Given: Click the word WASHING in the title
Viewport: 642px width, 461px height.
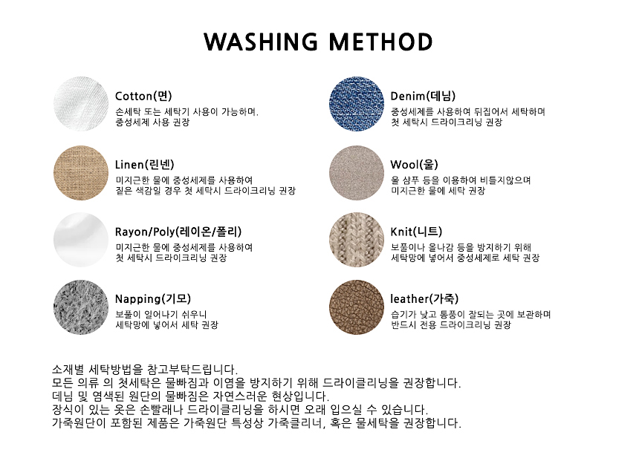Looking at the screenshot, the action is (x=261, y=42).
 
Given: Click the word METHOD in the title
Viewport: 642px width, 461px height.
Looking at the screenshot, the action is (x=380, y=42).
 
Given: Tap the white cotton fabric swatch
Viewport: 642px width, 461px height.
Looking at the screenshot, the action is (x=81, y=104).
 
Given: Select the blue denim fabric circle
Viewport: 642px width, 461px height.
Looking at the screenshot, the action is (x=357, y=104).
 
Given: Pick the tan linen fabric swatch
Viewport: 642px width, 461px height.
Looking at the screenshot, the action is (x=81, y=173).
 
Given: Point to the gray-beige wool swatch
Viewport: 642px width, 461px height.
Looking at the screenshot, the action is (x=357, y=173).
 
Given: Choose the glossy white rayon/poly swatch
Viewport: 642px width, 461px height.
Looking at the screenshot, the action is (x=81, y=240).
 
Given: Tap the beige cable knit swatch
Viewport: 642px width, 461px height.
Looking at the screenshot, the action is (x=357, y=240).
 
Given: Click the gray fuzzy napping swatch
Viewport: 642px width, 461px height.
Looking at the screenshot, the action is (x=81, y=307).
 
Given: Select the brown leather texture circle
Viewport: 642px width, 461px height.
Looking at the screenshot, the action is (x=357, y=307).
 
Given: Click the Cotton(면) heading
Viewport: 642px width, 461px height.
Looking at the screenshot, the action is (x=143, y=96).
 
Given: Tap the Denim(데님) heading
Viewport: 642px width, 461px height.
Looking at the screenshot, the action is (x=423, y=96).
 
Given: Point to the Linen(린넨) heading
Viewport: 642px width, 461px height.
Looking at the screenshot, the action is (x=145, y=165).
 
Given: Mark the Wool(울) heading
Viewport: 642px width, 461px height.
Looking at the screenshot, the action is (x=415, y=165).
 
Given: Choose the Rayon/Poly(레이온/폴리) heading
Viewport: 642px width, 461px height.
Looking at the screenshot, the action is (x=178, y=232).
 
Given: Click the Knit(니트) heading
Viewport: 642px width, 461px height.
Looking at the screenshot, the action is (x=416, y=232).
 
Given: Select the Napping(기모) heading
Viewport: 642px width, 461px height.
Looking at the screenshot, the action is (x=153, y=299).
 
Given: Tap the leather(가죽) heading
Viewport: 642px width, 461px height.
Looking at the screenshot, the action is (x=424, y=299).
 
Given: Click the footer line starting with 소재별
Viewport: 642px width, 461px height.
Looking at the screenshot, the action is (x=145, y=370).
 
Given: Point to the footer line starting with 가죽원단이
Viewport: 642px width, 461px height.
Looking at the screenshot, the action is (x=256, y=423).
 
